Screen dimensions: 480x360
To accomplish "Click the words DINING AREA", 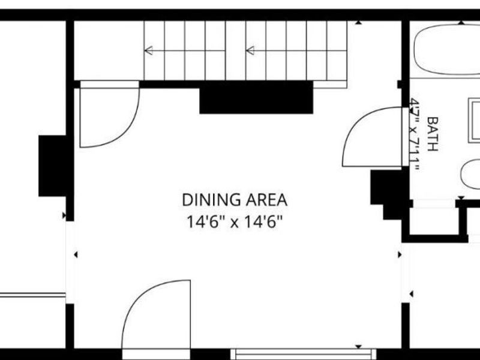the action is (x=235, y=200).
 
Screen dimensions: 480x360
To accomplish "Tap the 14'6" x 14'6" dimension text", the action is (x=235, y=221).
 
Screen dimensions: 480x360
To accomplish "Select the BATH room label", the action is (x=432, y=134).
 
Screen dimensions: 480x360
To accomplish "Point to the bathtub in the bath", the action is (x=447, y=50).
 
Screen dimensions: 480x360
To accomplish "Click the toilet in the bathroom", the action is (x=470, y=174).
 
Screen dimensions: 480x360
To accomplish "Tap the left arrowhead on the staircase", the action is (x=149, y=50).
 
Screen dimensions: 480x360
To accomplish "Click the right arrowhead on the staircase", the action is (x=250, y=50).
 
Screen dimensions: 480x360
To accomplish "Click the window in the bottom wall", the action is (x=303, y=353).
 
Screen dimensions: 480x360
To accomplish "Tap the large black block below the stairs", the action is (x=256, y=100).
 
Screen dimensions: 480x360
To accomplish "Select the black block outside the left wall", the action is (x=52, y=166).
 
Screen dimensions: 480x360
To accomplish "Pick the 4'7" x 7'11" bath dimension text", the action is (x=415, y=134).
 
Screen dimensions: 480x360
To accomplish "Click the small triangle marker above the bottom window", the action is (x=358, y=347).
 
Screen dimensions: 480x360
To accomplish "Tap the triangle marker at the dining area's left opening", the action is (x=76, y=254).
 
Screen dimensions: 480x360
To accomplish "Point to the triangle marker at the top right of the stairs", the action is (x=358, y=23).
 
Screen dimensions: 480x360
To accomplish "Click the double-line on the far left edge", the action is (x=33, y=295).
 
